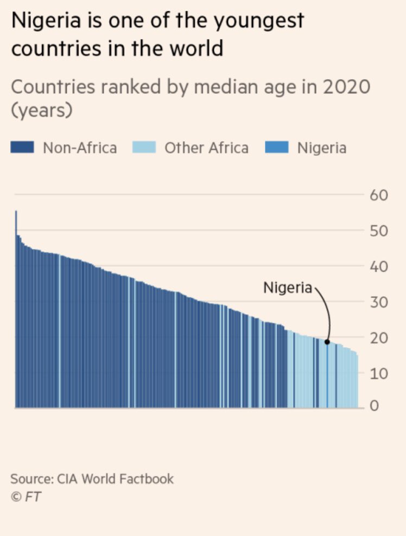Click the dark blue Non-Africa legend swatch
23,148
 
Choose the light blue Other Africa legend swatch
144,148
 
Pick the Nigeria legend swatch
276,148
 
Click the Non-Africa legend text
80,148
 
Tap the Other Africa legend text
206,148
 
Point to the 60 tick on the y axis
380,195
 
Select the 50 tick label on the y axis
380,231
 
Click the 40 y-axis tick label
380,266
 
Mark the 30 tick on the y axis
380,302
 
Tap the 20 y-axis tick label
380,337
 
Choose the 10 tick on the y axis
380,373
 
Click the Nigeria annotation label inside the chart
288,288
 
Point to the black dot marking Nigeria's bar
327,342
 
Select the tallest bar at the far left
16,309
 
